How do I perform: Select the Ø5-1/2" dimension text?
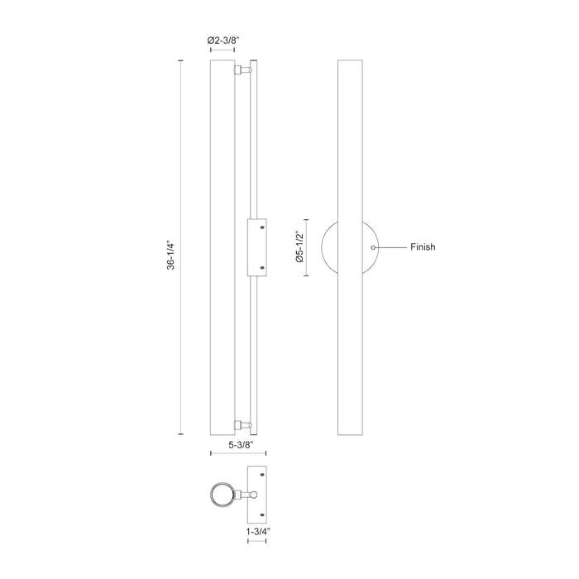(303, 247)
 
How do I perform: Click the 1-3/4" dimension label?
(257, 532)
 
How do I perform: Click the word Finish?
(423, 247)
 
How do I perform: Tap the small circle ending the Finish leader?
(374, 247)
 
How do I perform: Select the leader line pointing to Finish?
(391, 247)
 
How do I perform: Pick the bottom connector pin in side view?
(242, 426)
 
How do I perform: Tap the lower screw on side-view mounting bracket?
(262, 267)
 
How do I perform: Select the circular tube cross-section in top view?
(221, 495)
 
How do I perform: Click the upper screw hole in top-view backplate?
(263, 475)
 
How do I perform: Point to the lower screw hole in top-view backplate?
(263, 514)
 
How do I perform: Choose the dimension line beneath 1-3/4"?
(257, 541)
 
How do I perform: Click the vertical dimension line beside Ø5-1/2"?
(310, 247)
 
